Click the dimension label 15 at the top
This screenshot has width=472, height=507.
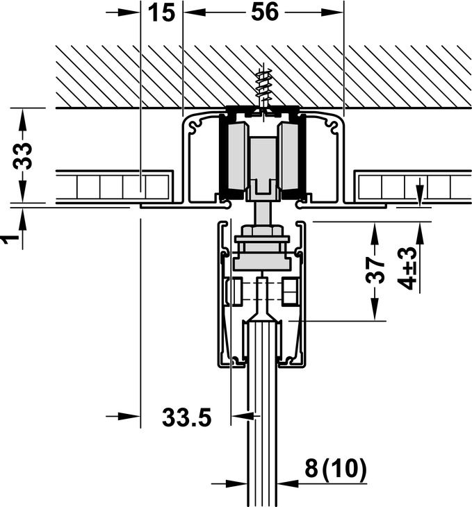(161, 13)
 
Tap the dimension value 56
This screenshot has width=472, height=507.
(264, 12)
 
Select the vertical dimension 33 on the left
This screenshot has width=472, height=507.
(23, 156)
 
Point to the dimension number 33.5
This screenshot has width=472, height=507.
(186, 417)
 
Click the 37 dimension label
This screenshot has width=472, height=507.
(375, 271)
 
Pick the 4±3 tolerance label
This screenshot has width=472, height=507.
(407, 267)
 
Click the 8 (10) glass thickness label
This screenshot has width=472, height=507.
(336, 468)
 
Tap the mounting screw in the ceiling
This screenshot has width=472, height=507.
(263, 90)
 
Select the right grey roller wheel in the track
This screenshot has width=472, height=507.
(288, 156)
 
